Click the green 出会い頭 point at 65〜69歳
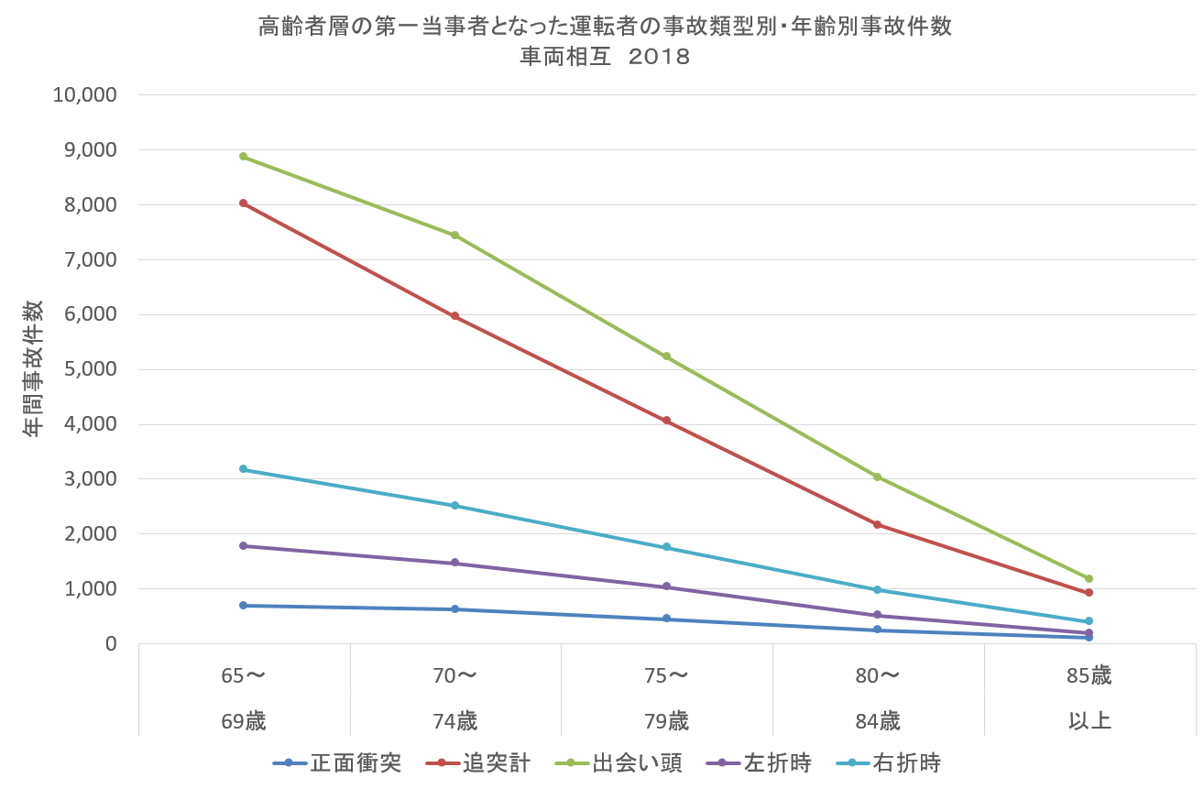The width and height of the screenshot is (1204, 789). (243, 157)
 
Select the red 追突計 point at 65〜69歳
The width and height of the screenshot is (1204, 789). (243, 203)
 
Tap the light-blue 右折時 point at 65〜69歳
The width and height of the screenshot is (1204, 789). (243, 469)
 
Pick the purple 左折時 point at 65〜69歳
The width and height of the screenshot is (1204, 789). (243, 546)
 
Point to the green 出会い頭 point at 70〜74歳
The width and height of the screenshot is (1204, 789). (454, 236)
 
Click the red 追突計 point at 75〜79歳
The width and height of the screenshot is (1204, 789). (666, 421)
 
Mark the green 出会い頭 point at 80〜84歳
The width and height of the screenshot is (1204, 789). (878, 477)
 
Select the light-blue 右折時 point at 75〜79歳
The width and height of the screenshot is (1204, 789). (666, 547)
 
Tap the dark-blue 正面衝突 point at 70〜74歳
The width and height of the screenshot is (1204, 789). (454, 609)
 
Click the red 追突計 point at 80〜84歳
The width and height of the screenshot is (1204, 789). (878, 524)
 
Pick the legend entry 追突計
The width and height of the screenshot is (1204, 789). (496, 762)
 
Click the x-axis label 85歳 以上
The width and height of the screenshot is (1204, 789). (1089, 698)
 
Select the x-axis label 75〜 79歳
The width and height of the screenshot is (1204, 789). (666, 698)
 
